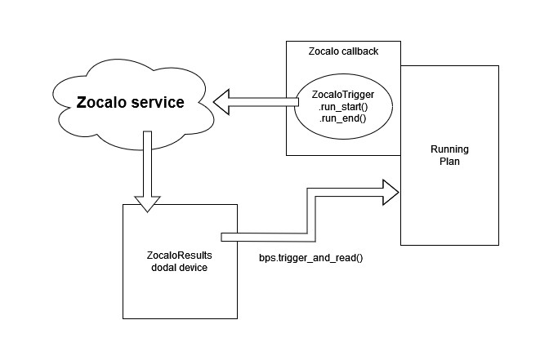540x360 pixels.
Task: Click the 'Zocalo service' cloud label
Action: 130,104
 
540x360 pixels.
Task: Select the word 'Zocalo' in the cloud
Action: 102,104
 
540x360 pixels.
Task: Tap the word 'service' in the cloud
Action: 158,104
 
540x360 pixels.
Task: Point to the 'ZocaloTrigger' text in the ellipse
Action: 343,96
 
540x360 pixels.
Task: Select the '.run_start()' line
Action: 342,107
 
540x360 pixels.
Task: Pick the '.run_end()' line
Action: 341,118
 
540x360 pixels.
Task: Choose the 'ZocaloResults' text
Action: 179,256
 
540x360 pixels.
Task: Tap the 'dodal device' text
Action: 179,268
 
